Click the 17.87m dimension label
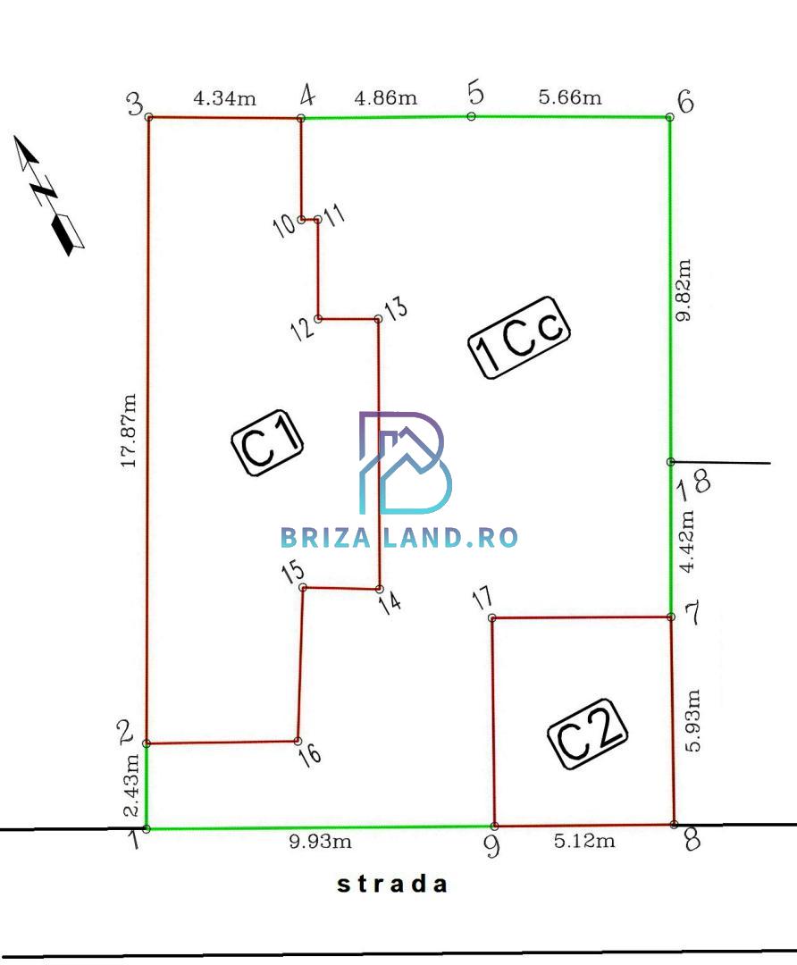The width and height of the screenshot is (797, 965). (129, 431)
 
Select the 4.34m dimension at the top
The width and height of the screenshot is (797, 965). (224, 98)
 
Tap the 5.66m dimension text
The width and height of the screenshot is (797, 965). (570, 97)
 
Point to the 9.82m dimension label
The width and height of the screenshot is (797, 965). (684, 289)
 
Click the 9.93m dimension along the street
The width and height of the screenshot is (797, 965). (320, 841)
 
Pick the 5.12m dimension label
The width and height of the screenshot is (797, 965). (584, 841)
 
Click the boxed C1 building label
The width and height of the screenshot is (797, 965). (267, 443)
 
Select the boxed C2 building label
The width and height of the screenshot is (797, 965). (588, 734)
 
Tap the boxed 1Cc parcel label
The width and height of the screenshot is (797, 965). (519, 337)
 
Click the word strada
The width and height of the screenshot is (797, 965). (392, 885)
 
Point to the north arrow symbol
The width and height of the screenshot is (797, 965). (48, 195)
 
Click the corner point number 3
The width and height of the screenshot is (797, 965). (135, 104)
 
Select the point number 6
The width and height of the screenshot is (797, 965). (685, 102)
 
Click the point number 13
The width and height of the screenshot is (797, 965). (396, 307)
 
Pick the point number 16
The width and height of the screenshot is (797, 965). (309, 754)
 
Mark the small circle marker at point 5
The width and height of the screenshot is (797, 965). (472, 116)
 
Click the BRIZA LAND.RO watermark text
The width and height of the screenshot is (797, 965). (398, 537)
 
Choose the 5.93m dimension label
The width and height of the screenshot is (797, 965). (692, 721)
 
